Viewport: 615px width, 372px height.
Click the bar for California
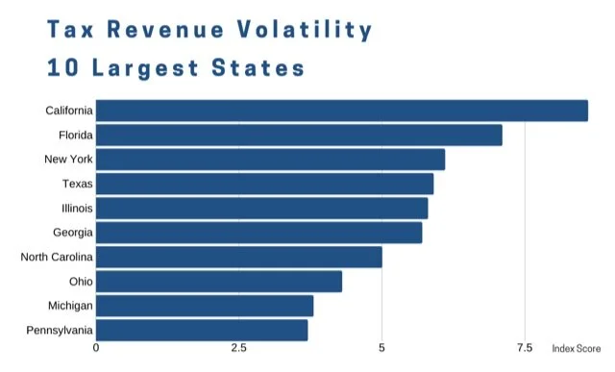coord(341,111)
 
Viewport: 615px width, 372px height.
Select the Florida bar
coord(299,136)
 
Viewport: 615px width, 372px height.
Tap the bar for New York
coord(270,160)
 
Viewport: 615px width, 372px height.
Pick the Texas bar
coord(264,184)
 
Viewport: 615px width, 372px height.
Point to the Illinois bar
coord(261,209)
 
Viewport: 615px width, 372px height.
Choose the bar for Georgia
coord(258,233)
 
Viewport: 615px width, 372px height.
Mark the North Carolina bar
coord(238,258)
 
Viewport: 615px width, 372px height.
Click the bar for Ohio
coord(218,282)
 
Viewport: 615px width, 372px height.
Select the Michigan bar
coord(204,306)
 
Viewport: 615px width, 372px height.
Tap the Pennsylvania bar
coord(202,331)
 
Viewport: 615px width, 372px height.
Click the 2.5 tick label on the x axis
coord(238,348)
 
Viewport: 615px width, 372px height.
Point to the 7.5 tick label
coord(525,348)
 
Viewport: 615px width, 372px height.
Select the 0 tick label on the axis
coord(96,348)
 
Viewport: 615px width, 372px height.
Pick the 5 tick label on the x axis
coord(381,348)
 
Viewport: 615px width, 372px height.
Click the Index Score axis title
coord(577,348)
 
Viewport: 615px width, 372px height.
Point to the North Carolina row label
coord(57,258)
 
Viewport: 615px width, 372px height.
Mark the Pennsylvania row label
coord(60,331)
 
